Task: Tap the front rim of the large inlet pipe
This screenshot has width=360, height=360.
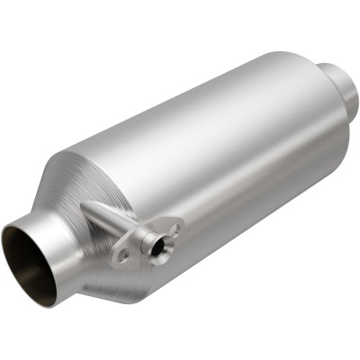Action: [11, 236]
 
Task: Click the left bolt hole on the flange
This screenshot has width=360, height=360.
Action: [123, 256]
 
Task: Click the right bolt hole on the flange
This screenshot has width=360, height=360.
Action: [175, 229]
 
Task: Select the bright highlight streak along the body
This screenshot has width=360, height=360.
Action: [225, 99]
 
